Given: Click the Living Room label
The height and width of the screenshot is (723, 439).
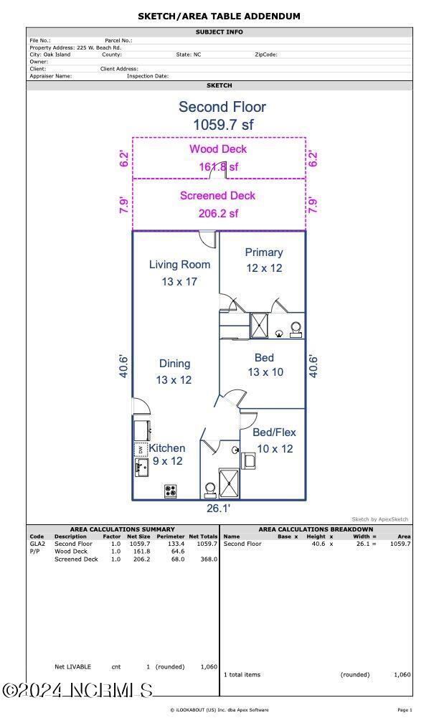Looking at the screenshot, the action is coord(179,265).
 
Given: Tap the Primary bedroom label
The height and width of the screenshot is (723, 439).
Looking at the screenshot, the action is coord(264,252).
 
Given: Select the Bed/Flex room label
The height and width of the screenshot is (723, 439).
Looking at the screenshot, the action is coord(274,433).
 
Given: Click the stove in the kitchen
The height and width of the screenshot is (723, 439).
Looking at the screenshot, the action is coord(171,491).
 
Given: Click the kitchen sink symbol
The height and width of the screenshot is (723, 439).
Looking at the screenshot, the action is coord(141,468).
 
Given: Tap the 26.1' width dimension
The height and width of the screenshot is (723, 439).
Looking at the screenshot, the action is coord(218,509).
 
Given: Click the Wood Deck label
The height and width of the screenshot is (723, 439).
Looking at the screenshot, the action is coord(218,149).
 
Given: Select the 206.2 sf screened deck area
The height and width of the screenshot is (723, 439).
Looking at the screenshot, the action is coord(219,214).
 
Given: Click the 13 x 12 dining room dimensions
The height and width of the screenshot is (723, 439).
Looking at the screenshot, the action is coord(174,380).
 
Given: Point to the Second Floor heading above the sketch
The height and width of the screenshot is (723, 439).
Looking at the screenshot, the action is coord(222,107).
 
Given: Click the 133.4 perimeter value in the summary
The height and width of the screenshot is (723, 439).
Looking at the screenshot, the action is coord(176,544).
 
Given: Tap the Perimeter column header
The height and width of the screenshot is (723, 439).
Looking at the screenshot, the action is coord(171,537).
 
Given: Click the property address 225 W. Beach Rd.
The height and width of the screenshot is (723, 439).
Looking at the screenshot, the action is coord(99,47).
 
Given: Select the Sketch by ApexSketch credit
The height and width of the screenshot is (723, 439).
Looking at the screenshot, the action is coord(380,519).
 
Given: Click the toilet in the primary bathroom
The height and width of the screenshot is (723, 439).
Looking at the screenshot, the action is coord(296,329).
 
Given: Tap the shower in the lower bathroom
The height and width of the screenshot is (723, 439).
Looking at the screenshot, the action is coord(230,483).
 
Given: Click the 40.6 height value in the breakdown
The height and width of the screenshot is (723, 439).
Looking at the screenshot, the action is coord(318,544).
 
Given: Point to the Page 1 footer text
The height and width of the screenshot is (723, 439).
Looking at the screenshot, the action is coord(405,710).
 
